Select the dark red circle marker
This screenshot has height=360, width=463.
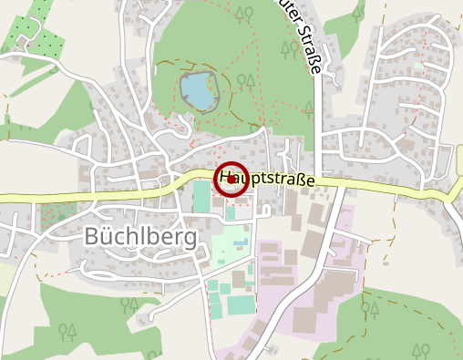tap(231, 179)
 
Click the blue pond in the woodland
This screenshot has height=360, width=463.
tap(197, 90)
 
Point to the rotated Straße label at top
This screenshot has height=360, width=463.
tap(307, 46)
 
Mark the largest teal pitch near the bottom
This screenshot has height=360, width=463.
tap(242, 303)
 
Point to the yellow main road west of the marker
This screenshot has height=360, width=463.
tap(91, 196)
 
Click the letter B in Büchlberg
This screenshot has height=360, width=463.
tap(92, 236)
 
